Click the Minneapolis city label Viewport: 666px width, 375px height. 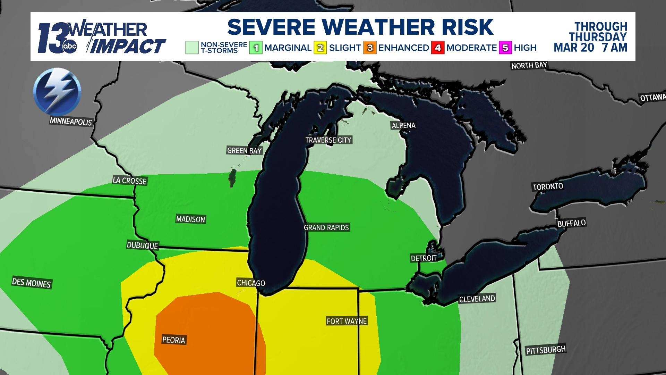[71, 122]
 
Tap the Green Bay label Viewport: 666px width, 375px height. [244, 150]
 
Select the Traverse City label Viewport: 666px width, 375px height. [328, 140]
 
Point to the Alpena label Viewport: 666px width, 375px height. [403, 125]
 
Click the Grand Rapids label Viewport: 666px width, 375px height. [326, 227]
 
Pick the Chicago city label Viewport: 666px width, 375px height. [251, 283]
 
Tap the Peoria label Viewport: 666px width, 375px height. [174, 340]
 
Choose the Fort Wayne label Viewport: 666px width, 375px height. [347, 321]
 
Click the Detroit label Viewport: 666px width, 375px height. [424, 258]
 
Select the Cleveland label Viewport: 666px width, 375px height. [477, 299]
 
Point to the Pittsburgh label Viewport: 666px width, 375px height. [546, 350]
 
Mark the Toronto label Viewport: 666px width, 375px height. [548, 186]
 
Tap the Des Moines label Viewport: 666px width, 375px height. [31, 283]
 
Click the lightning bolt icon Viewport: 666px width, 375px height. [57, 92]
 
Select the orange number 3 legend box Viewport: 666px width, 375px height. [370, 48]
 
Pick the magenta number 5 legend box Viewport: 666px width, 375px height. [505, 48]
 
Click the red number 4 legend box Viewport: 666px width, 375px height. [438, 48]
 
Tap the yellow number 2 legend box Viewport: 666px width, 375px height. [320, 48]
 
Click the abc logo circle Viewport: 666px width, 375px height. [70, 47]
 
